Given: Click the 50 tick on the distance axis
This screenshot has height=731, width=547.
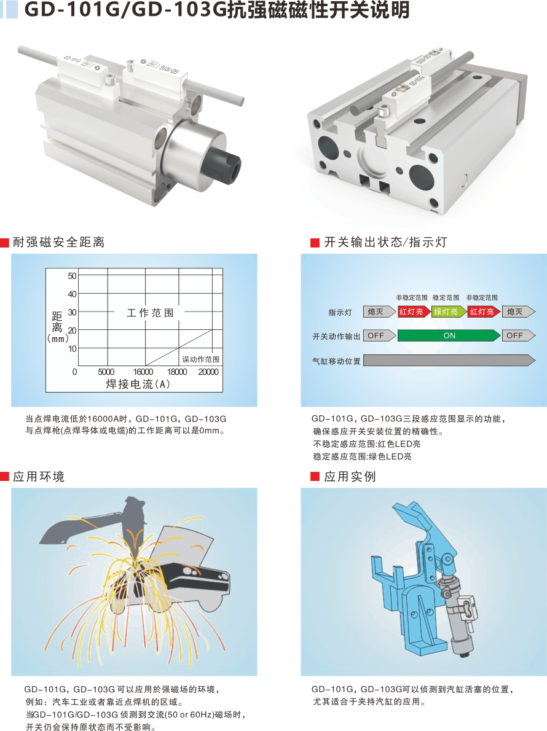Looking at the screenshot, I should [73, 276].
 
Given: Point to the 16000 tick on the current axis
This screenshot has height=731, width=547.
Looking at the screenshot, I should [143, 372].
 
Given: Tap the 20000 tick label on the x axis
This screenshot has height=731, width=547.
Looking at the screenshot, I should [208, 372].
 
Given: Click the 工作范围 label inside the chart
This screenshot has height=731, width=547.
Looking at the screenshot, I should [150, 313].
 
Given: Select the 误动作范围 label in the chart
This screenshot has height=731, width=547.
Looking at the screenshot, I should [201, 359].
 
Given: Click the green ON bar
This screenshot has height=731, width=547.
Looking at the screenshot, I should [449, 335].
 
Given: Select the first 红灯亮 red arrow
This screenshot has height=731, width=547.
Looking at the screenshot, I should [413, 311].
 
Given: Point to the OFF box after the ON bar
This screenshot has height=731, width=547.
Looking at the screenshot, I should [516, 335].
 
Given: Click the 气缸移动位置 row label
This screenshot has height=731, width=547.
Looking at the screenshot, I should [336, 361].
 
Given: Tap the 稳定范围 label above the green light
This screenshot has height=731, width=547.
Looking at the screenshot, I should [446, 297].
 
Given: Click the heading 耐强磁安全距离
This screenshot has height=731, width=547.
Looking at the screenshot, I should [58, 243].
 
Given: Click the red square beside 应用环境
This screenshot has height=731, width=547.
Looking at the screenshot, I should [5, 477].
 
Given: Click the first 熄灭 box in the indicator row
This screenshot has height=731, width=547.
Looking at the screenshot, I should [376, 311].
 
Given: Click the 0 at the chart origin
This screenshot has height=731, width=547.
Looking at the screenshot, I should [75, 372].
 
